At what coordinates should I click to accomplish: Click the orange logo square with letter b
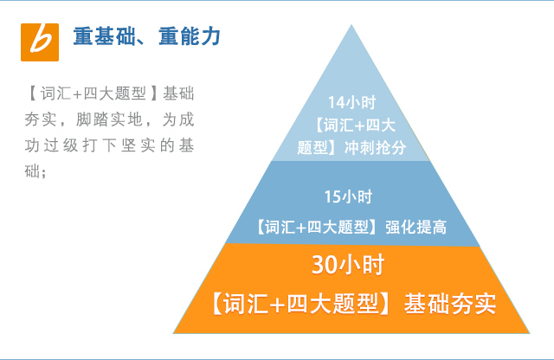coord(40,42)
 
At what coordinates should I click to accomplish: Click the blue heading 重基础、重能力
coord(147,36)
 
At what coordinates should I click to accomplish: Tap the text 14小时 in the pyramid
coord(351,102)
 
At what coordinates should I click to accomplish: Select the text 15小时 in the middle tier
coord(348,196)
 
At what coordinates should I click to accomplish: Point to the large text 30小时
coord(348,265)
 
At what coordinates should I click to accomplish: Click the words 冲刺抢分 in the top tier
coord(375,148)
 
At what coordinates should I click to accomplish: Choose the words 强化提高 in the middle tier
coord(415,228)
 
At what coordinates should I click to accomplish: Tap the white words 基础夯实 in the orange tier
coord(450,304)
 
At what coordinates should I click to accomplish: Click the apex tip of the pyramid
coord(351,25)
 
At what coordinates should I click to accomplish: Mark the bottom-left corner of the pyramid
coord(173,333)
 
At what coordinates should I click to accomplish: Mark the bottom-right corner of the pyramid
coord(530,333)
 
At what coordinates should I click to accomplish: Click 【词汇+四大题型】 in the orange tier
coord(300,304)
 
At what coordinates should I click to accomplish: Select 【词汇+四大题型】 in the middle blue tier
coord(317,228)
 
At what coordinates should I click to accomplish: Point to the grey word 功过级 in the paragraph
coord(51,145)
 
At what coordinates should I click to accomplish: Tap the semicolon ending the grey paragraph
coord(44,174)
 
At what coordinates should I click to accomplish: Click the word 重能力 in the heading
coord(190,36)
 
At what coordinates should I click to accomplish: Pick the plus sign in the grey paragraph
coord(77,94)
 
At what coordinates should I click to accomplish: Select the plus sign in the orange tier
coord(277,305)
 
